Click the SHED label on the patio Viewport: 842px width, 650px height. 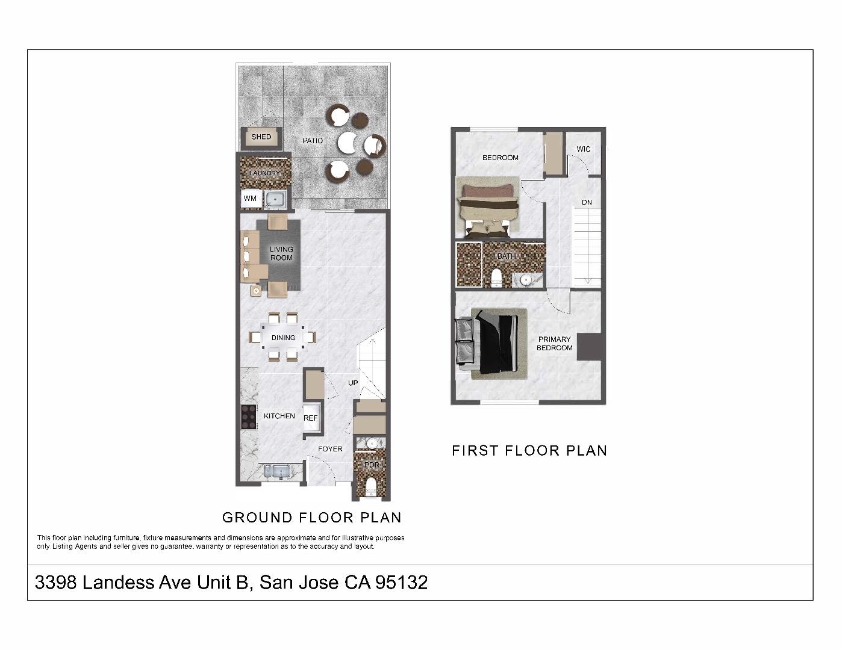[x=261, y=137]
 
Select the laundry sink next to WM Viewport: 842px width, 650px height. [x=275, y=199]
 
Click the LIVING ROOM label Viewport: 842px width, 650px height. [x=281, y=253]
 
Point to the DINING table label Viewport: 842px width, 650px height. [x=283, y=338]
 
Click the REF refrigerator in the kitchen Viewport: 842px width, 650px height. [x=311, y=418]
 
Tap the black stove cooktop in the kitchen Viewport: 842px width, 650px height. [x=249, y=416]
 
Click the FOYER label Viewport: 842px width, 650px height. [x=330, y=449]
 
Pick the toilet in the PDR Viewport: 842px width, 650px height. [x=371, y=486]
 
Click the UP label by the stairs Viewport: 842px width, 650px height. [x=352, y=383]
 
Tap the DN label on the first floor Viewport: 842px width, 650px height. [x=587, y=202]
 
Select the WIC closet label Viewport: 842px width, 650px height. [x=583, y=149]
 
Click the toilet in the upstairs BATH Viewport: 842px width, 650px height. [x=496, y=278]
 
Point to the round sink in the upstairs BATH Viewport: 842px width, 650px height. [x=526, y=279]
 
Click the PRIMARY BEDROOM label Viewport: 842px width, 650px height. [x=555, y=344]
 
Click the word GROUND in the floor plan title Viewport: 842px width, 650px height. [x=257, y=518]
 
